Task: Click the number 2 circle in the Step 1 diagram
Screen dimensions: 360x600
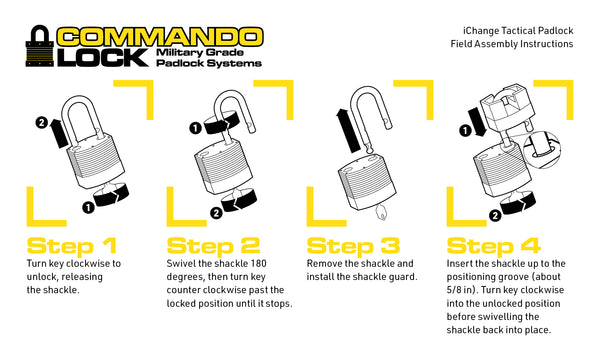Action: tap(41, 123)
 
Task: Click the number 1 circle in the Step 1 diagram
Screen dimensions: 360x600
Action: tap(88, 206)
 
